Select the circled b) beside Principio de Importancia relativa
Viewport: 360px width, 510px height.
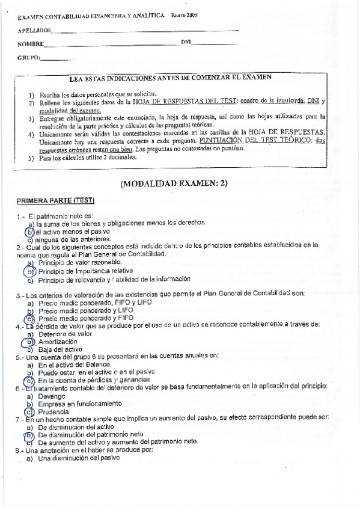pos(28,271)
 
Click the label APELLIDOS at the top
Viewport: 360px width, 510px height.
pos(34,29)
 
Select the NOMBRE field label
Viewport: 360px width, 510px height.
pos(31,44)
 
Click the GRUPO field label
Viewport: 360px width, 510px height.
pos(29,58)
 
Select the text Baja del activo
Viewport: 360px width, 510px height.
pos(60,348)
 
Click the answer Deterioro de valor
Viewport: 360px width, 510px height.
pos(65,333)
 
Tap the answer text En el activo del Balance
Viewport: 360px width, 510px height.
pos(73,364)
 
